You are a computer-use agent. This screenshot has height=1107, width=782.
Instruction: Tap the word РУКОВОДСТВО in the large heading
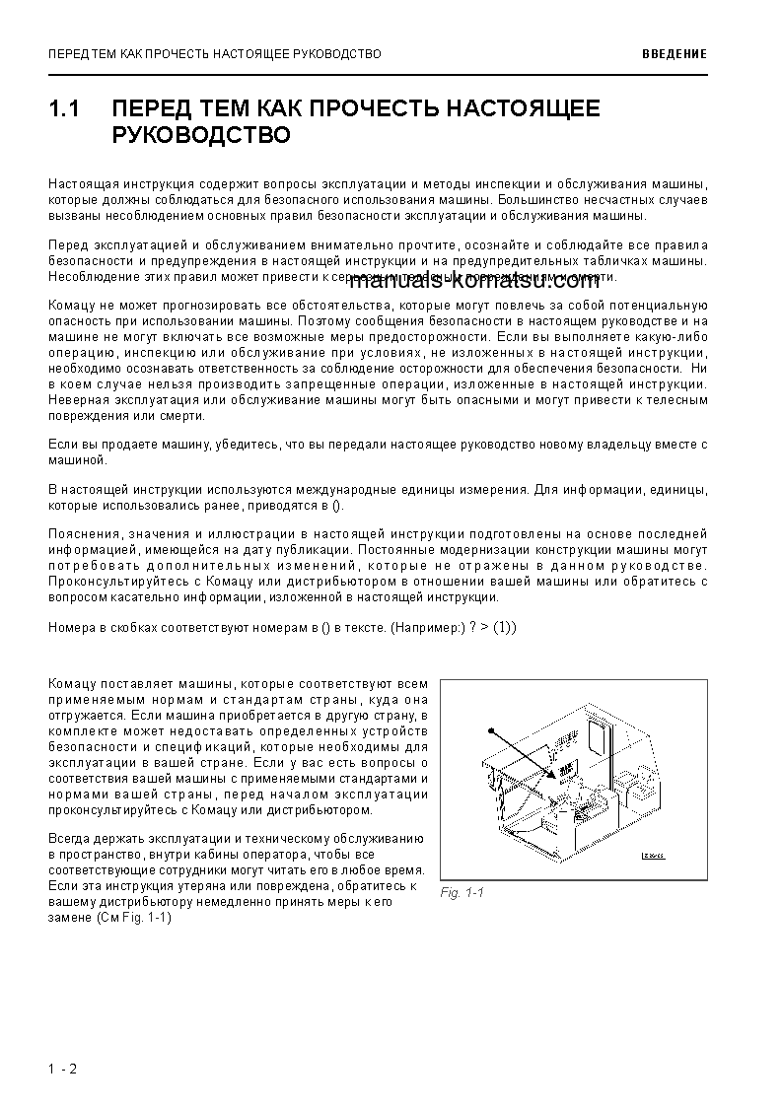pyautogui.click(x=201, y=135)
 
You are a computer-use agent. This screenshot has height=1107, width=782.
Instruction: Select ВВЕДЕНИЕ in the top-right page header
pyautogui.click(x=674, y=54)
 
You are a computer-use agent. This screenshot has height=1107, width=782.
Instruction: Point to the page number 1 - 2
pyautogui.click(x=61, y=1069)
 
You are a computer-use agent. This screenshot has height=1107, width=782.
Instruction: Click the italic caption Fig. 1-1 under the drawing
pyautogui.click(x=462, y=893)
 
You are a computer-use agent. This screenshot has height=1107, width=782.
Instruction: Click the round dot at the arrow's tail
pyautogui.click(x=488, y=730)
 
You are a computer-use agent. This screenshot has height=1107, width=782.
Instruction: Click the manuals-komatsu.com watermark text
pyautogui.click(x=474, y=282)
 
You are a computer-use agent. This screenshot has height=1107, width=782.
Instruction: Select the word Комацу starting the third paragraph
pyautogui.click(x=69, y=306)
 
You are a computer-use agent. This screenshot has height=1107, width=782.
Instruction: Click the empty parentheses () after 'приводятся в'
pyautogui.click(x=336, y=506)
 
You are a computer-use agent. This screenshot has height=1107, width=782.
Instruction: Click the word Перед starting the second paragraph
pyautogui.click(x=67, y=244)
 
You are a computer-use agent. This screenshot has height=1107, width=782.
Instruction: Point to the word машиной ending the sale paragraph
pyautogui.click(x=74, y=460)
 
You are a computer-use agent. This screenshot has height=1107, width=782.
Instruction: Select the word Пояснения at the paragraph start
pyautogui.click(x=82, y=534)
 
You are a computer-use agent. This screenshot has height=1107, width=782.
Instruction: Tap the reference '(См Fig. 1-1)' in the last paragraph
pyautogui.click(x=135, y=917)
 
